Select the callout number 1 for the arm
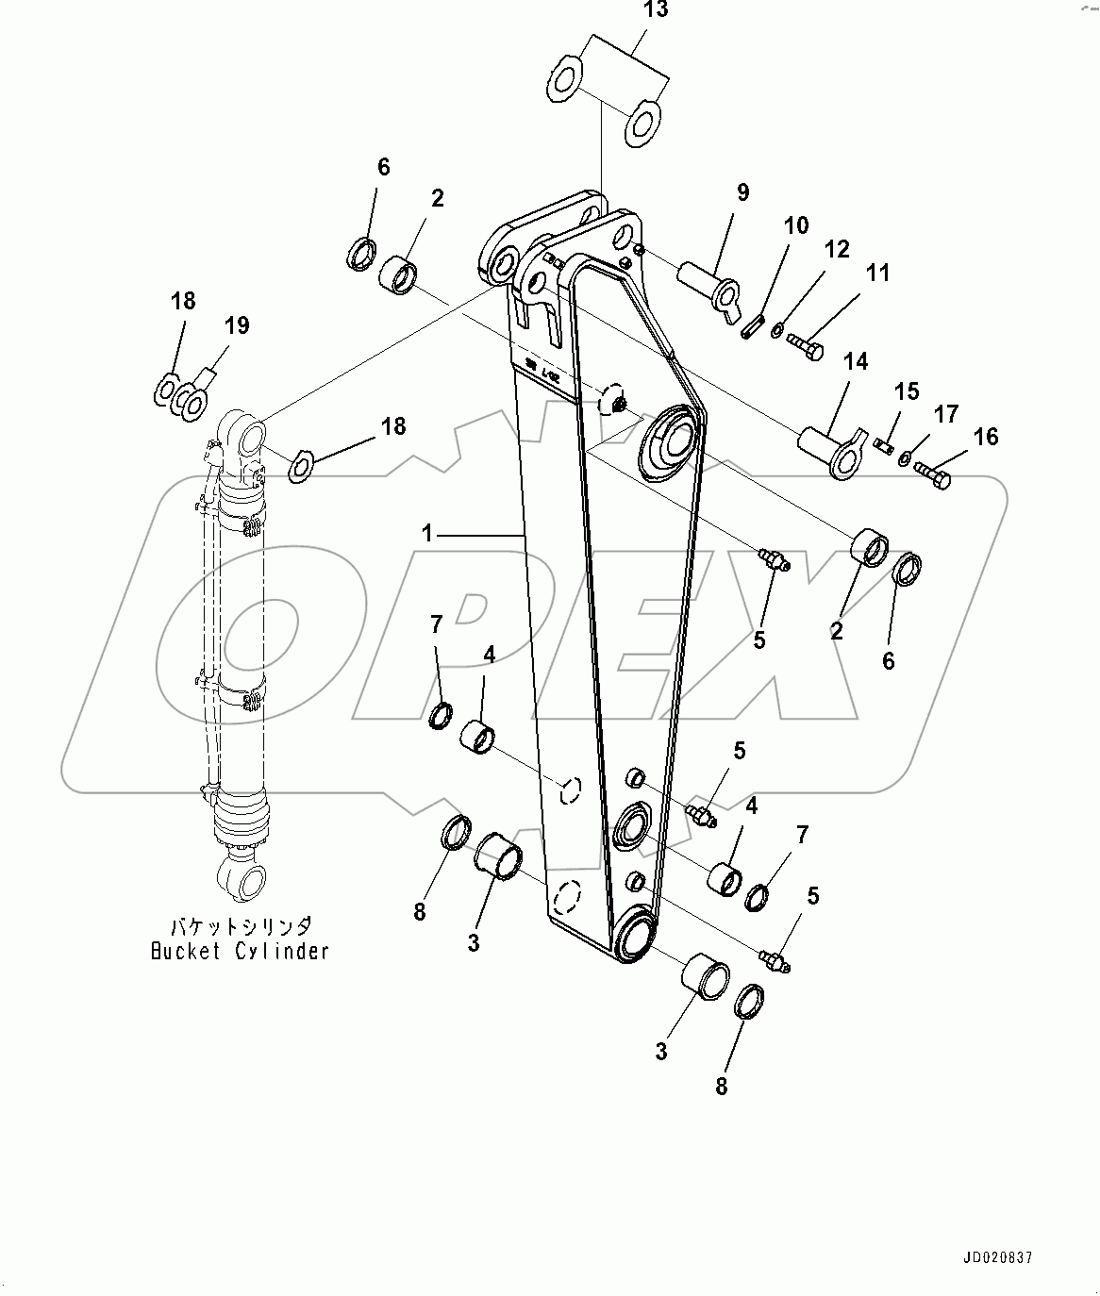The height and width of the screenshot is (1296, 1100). [427, 535]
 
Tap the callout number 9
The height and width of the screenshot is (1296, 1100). [742, 193]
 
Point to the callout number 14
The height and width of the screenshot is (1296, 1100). [856, 361]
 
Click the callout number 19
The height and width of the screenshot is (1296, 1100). [236, 326]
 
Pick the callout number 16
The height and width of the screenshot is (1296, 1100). [986, 437]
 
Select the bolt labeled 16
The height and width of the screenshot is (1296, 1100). [934, 474]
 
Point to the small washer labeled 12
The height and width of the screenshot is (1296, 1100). [776, 330]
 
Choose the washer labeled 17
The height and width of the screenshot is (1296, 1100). [905, 458]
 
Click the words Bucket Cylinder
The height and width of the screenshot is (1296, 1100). [241, 951]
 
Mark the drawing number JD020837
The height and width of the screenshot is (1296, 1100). [997, 1258]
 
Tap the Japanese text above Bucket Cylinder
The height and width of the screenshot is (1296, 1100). [241, 927]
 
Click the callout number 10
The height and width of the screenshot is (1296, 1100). [795, 226]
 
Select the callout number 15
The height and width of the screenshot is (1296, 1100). [906, 391]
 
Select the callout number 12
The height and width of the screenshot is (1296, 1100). [836, 250]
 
